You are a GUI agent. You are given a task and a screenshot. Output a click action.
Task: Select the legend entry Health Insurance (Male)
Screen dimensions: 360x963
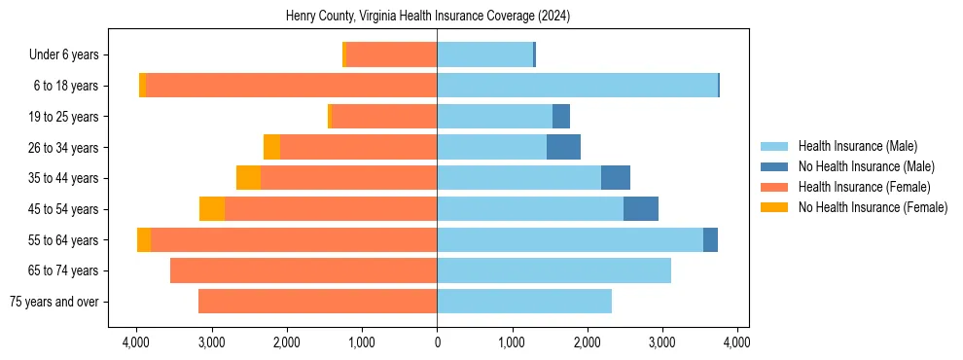pos(857,146)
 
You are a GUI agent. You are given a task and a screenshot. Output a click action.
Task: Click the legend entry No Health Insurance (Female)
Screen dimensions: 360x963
pos(873,207)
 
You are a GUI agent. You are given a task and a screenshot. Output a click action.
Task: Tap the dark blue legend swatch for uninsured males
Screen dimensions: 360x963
pos(775,166)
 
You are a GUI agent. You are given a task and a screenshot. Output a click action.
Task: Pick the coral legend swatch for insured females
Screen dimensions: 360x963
pos(775,187)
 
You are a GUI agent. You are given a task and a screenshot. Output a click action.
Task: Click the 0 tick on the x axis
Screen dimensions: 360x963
pos(437,343)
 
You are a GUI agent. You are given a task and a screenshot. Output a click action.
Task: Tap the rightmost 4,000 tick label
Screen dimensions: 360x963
pos(736,343)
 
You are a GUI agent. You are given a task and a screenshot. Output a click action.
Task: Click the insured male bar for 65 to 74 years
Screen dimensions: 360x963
pos(553,270)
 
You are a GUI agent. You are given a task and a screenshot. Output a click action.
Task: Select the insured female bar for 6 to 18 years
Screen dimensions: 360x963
pos(291,86)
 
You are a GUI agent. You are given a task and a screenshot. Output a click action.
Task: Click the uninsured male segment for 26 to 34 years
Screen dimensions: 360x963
pos(563,147)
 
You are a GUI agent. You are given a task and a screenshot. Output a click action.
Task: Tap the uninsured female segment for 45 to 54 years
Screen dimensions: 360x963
pos(212,209)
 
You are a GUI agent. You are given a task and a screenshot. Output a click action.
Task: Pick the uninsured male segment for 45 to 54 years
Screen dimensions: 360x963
pos(641,209)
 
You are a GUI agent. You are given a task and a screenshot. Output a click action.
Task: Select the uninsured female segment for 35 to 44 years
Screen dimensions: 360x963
pos(248,178)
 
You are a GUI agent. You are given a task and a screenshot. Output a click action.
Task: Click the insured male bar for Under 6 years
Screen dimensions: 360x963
pos(484,55)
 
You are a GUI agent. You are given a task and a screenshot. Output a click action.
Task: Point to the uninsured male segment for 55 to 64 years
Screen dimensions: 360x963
pos(710,239)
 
